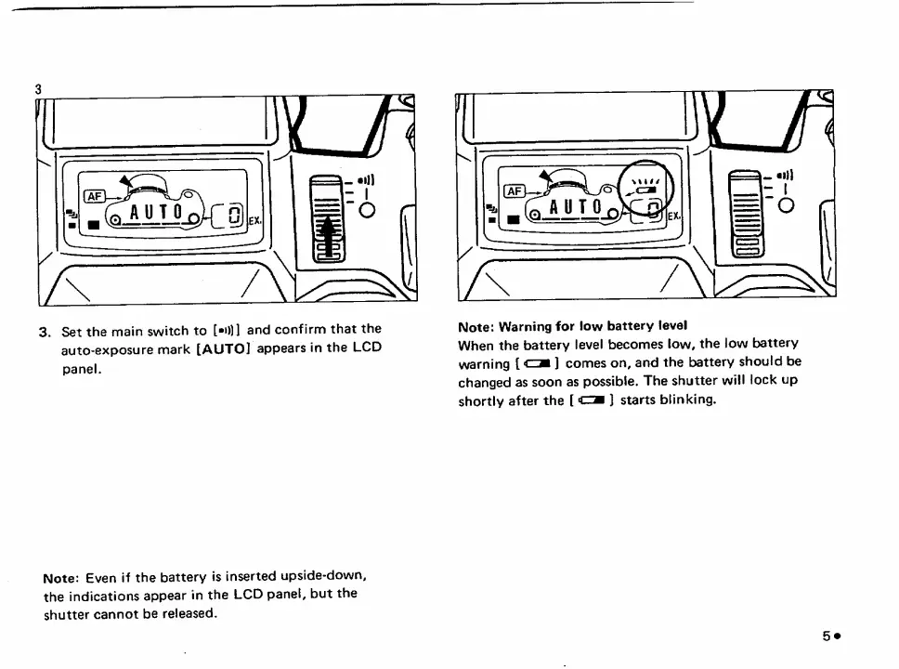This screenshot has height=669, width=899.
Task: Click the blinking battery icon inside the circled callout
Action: tap(645, 190)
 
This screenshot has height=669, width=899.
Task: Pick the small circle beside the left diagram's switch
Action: tap(366, 209)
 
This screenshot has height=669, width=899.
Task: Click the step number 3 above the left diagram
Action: tap(38, 89)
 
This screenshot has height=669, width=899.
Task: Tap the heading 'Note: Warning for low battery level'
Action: tap(572, 326)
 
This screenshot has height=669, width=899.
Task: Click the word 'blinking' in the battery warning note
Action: tap(686, 400)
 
